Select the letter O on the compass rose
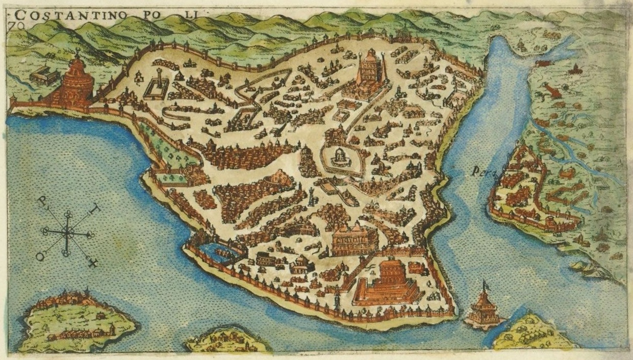(x=40, y=256)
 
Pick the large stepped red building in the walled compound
(x=391, y=283)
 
